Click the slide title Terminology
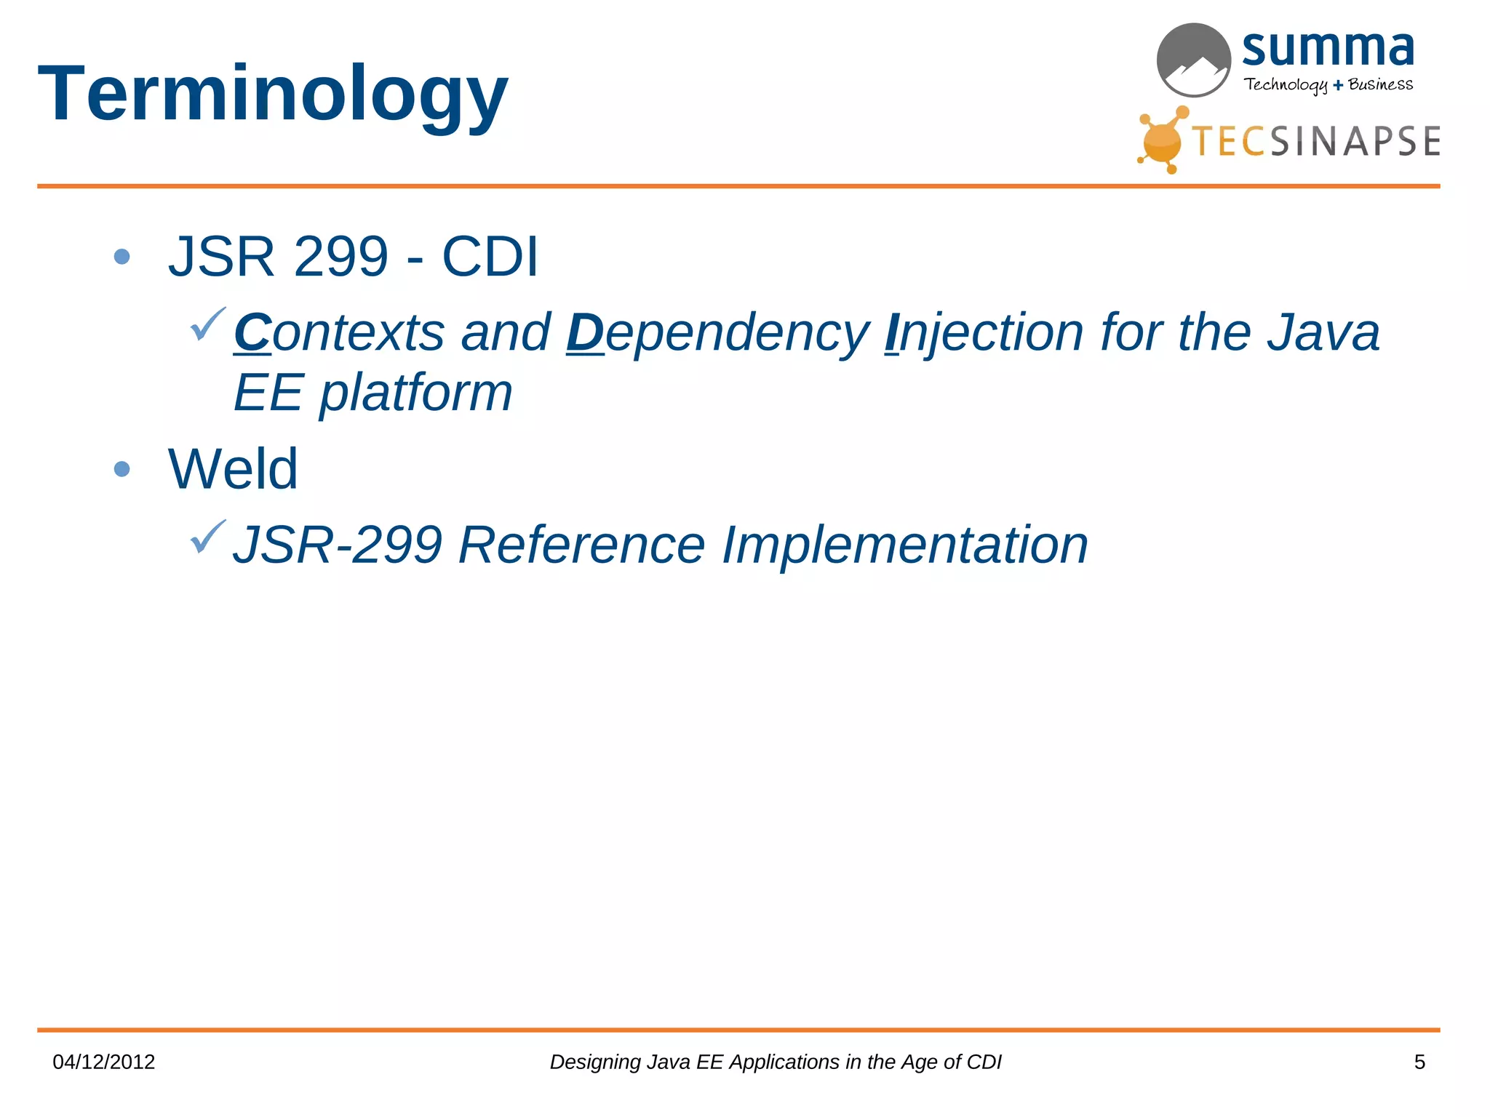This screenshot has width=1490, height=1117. tap(273, 95)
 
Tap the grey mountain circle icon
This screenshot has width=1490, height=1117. tap(1193, 60)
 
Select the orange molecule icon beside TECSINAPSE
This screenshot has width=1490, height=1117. tap(1163, 140)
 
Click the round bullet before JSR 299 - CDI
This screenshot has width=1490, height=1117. tap(122, 257)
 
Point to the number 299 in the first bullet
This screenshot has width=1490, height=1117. tap(340, 257)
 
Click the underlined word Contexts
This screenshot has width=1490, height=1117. tap(339, 333)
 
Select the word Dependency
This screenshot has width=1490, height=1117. tap(717, 333)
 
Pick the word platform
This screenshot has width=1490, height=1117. tap(416, 393)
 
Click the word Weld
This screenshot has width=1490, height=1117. tap(233, 469)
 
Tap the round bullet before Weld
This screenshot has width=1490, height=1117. tap(122, 469)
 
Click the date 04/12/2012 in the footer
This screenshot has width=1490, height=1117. tap(104, 1062)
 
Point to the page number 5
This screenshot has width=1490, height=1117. tap(1419, 1062)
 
